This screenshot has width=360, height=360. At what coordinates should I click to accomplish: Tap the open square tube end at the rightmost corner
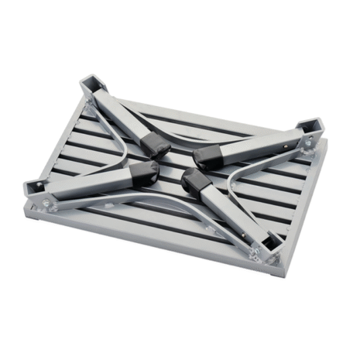tap(310, 127)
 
